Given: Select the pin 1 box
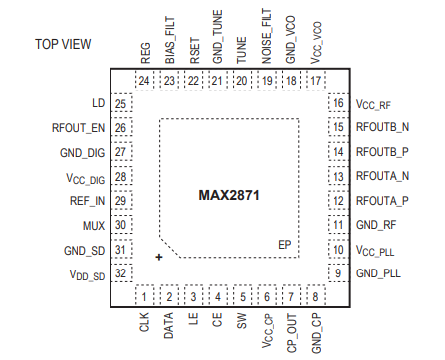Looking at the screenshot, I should click(x=144, y=296).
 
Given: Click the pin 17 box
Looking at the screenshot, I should click(x=315, y=81).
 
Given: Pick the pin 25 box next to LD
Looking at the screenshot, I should click(x=121, y=103).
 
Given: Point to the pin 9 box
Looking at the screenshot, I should click(x=337, y=272).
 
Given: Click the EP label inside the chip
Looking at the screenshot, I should click(x=285, y=243).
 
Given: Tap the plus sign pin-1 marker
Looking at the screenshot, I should click(x=158, y=257).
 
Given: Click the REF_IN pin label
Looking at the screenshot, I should click(x=88, y=200).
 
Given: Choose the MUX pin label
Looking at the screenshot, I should click(x=94, y=225).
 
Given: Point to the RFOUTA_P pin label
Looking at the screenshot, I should click(x=382, y=200).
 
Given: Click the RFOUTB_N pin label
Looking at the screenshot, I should click(x=382, y=127).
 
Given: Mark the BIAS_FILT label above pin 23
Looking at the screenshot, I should click(x=169, y=44).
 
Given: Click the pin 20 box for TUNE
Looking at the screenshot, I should click(x=242, y=81).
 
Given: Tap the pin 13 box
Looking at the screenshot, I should click(x=337, y=176).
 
